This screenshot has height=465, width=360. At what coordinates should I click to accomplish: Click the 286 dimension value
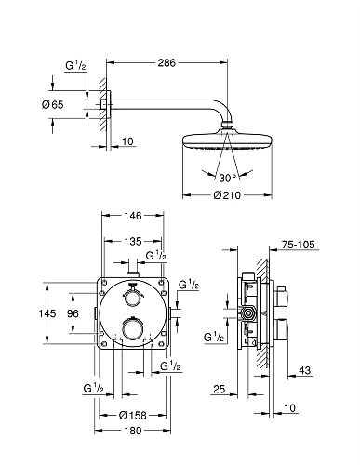pos(167,63)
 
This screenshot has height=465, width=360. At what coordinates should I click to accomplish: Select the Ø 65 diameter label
pos(52,105)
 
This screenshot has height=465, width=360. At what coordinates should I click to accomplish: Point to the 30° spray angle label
pos(228,178)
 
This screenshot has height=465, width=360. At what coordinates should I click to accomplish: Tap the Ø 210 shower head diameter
pos(227,195)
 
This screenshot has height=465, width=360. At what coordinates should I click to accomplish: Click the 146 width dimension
pos(133,216)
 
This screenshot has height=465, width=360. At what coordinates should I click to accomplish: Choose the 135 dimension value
pos(133,241)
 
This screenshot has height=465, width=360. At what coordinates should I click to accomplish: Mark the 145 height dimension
pos(47,313)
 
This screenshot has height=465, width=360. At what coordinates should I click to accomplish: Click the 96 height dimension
pos(73,313)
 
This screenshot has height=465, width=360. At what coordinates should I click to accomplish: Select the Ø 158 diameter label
pos(132,415)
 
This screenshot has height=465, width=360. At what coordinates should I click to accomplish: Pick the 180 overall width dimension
pos(133,431)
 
